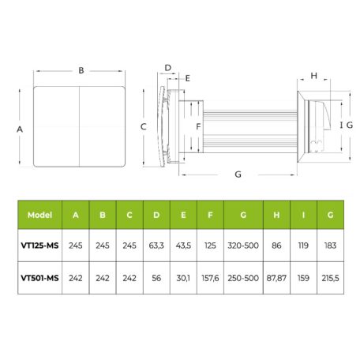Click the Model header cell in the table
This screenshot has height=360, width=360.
click(39, 215)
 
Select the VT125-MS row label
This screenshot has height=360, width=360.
click(39, 246)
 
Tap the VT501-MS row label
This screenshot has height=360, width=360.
click(39, 278)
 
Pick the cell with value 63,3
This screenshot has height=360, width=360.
click(156, 246)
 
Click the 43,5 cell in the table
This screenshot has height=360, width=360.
click(183, 246)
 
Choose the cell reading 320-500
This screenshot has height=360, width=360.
click(243, 246)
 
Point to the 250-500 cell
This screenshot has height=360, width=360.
click(243, 278)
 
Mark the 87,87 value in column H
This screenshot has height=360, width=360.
click(276, 278)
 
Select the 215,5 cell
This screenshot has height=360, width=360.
click(330, 278)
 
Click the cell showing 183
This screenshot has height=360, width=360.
click(330, 246)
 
